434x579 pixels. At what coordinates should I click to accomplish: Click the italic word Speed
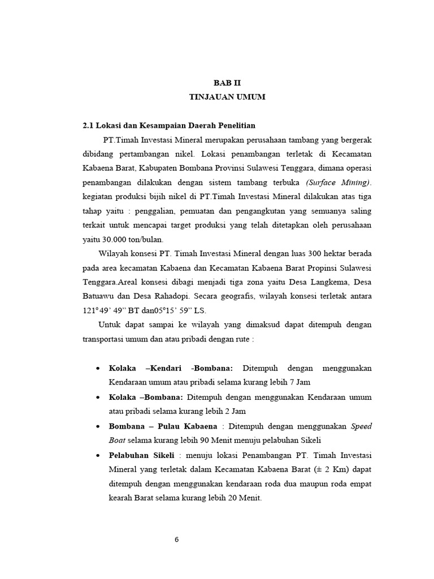click(361, 426)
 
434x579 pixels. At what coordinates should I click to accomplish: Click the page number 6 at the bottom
click(176, 539)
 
